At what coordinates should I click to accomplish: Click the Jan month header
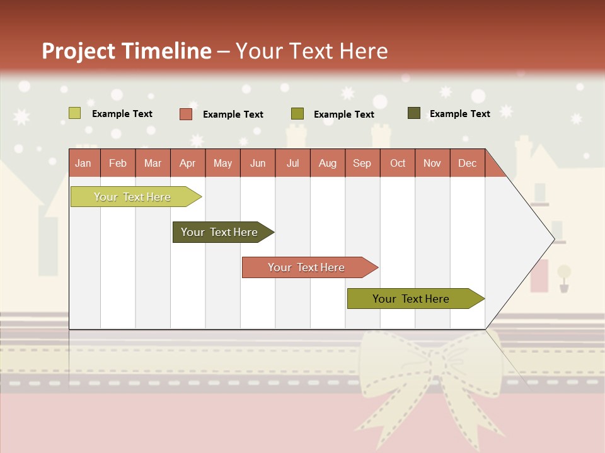pyautogui.click(x=83, y=164)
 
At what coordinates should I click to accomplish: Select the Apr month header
pyautogui.click(x=187, y=164)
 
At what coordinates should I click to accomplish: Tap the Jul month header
pyautogui.click(x=292, y=164)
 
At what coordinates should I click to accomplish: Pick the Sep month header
pyautogui.click(x=362, y=164)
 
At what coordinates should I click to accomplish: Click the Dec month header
pyautogui.click(x=467, y=164)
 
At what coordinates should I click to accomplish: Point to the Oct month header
pyautogui.click(x=397, y=164)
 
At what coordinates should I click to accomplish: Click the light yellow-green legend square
pyautogui.click(x=74, y=113)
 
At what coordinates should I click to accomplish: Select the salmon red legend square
pyautogui.click(x=185, y=114)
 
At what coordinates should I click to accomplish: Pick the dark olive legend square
pyautogui.click(x=413, y=113)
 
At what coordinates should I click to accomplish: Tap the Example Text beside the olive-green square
pyautogui.click(x=343, y=115)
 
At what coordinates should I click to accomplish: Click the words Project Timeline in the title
pyautogui.click(x=126, y=51)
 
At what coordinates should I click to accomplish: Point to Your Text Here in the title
pyautogui.click(x=311, y=51)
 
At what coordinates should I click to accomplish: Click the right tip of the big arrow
pyautogui.click(x=553, y=239)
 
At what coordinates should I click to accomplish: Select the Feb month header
pyautogui.click(x=117, y=164)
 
